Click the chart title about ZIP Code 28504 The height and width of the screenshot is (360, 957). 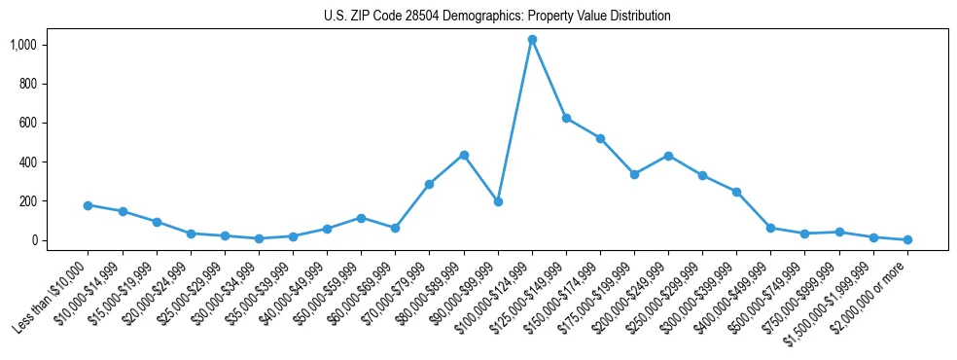497,17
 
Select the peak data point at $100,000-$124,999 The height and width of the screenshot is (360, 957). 532,40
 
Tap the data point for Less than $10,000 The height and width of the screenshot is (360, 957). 89,205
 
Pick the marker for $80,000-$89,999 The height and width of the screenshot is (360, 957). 464,155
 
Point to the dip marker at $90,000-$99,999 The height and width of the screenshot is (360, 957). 498,201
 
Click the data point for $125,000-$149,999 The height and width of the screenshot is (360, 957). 566,119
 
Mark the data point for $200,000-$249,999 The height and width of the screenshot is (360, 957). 668,156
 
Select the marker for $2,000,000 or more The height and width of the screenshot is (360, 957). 907,239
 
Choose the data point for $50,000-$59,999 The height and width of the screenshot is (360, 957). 361,218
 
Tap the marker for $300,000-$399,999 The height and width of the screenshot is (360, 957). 736,192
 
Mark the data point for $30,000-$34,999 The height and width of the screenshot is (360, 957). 259,238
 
